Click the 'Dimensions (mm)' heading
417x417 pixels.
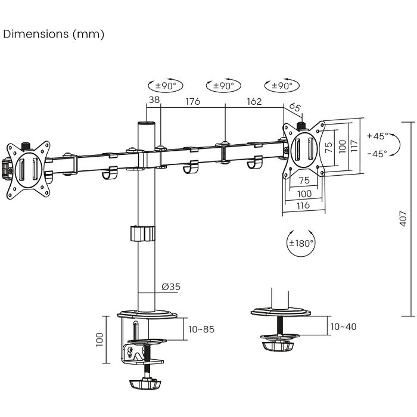(x=54, y=34)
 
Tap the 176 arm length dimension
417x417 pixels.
(x=192, y=101)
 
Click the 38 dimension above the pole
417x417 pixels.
(x=154, y=101)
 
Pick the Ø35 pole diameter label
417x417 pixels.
(x=171, y=287)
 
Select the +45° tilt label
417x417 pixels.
(x=376, y=136)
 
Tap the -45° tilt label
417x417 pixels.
(x=376, y=153)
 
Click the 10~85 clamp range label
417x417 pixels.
(x=201, y=328)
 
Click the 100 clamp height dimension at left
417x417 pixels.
(x=99, y=339)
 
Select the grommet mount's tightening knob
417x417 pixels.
(x=278, y=345)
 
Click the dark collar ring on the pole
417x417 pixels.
(x=142, y=233)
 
